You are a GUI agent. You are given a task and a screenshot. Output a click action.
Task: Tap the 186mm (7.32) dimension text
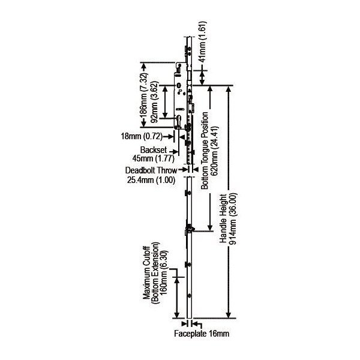[144, 94]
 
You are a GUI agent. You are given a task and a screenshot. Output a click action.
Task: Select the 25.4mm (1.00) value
[151, 179]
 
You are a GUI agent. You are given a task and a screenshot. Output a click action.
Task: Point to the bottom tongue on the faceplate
[190, 229]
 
